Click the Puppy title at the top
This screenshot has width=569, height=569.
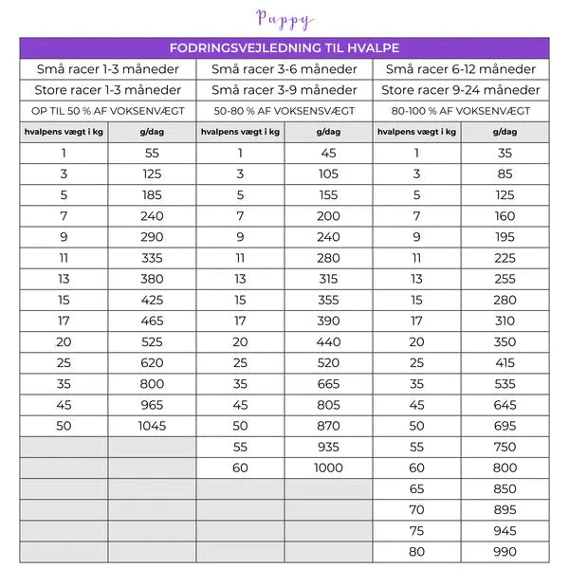(284, 19)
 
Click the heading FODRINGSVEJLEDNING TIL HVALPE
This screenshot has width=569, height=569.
(284, 47)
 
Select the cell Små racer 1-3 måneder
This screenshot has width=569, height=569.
(107, 69)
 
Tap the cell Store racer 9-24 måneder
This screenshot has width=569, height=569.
(461, 90)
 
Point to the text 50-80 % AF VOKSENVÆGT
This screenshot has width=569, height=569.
(284, 111)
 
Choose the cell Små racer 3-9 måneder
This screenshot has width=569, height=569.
(284, 90)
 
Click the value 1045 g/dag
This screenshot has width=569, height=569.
(152, 426)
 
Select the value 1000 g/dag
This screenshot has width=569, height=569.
(328, 468)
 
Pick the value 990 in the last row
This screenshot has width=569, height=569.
(505, 552)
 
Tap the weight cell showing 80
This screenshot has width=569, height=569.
(416, 552)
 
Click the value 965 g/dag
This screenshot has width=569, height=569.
(152, 405)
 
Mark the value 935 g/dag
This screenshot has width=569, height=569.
(328, 447)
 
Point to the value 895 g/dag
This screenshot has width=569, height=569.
(505, 510)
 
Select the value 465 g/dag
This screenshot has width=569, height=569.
(152, 321)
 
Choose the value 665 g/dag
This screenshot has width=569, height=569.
(328, 384)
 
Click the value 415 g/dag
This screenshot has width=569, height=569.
(505, 362)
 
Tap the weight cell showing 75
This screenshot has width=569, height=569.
(416, 531)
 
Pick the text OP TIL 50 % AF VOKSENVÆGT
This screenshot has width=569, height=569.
(107, 111)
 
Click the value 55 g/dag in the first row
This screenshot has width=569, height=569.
(152, 153)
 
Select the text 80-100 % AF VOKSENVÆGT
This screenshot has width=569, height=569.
(461, 111)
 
